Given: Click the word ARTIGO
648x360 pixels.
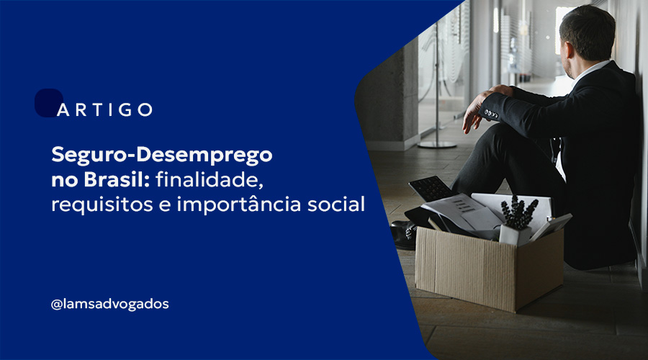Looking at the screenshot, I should coord(104,109).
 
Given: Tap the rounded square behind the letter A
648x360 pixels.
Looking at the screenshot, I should coord(48,102).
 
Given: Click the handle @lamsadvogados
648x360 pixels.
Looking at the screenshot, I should coord(109,304).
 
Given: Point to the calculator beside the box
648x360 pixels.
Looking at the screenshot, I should coord(431,188).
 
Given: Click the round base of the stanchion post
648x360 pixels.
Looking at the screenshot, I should coord(437,143).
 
